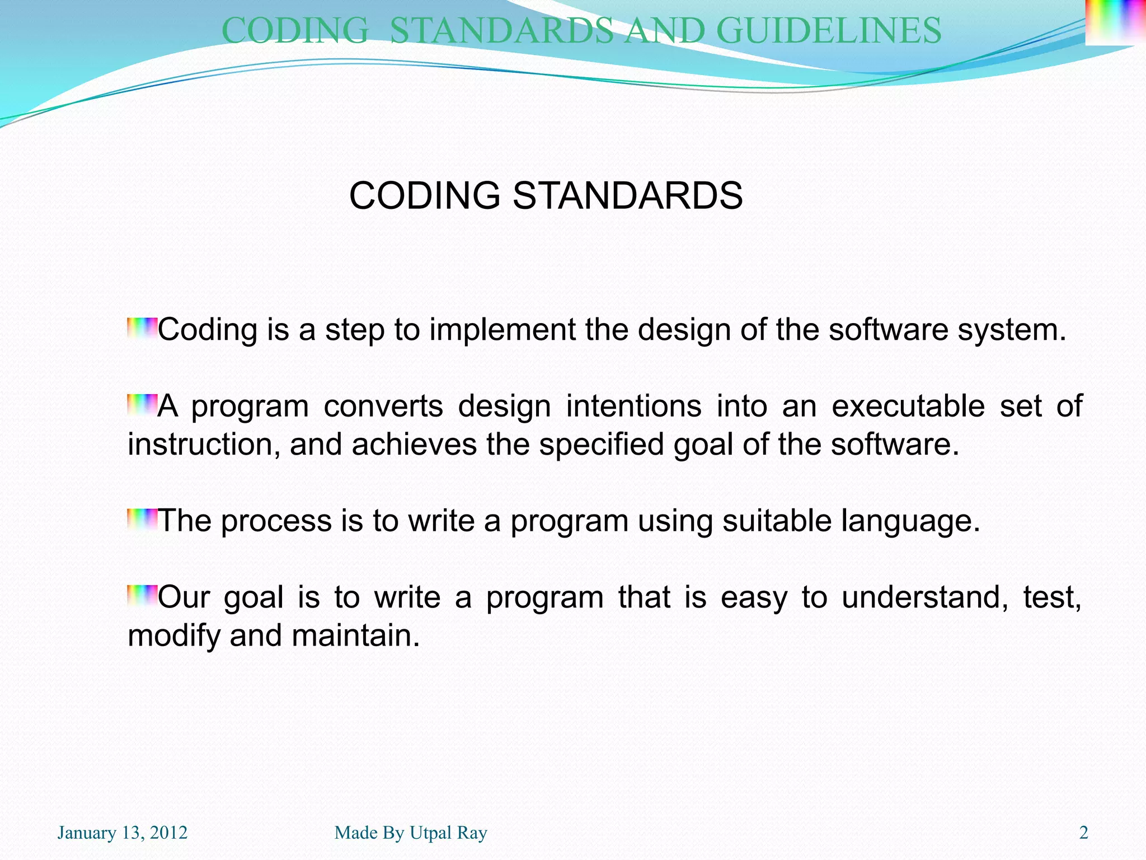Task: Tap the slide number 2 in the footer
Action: [x=1083, y=833]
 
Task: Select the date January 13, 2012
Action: [x=123, y=833]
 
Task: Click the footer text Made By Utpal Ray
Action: [x=411, y=833]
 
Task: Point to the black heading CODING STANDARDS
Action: [x=546, y=196]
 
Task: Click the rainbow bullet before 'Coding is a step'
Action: [x=142, y=328]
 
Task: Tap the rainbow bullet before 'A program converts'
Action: [x=142, y=404]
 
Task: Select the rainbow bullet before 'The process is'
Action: [x=142, y=519]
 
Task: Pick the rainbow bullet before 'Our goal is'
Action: [x=142, y=595]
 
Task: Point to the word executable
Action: [x=908, y=406]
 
